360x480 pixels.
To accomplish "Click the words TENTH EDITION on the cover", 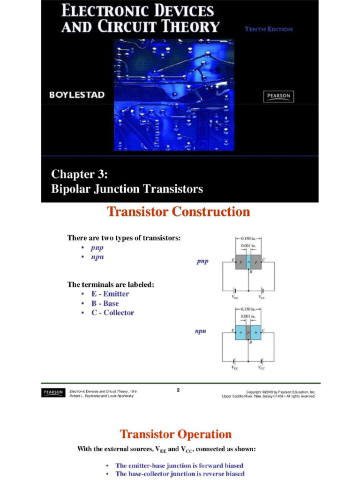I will [x=269, y=29].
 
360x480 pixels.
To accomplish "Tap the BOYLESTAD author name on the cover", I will [x=77, y=95].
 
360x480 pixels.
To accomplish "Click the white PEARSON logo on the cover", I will [x=279, y=96].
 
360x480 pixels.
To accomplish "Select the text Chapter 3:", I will [x=79, y=174].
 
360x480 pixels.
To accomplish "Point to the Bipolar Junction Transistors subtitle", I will [x=127, y=189].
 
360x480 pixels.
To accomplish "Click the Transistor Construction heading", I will [x=179, y=212].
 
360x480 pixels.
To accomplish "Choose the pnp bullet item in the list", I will [x=97, y=248].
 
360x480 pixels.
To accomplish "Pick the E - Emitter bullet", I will [x=110, y=294].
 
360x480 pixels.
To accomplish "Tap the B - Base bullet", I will [x=105, y=303].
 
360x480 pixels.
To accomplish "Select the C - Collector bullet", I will [x=112, y=313].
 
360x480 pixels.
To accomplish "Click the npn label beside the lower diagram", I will [x=201, y=331].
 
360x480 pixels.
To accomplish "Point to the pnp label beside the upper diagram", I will [x=202, y=262].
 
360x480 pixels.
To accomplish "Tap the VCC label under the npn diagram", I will [x=262, y=368].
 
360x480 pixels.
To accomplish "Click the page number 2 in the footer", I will [x=179, y=390].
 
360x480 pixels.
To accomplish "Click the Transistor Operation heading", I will [x=176, y=434].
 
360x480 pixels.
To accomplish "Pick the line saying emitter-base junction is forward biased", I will [x=180, y=465].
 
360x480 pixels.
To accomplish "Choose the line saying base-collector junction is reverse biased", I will [x=180, y=474].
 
